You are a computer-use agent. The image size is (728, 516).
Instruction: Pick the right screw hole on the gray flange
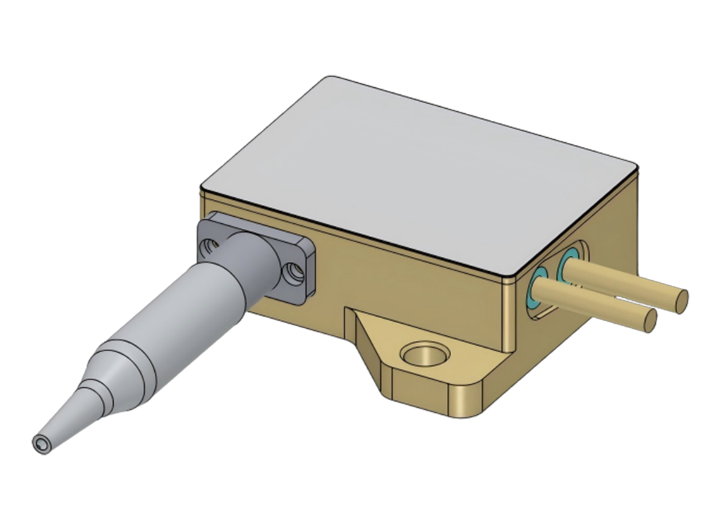[x=293, y=273]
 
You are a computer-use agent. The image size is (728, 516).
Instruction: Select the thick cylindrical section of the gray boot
[x=202, y=297]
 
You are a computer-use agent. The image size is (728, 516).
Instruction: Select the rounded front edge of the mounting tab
[x=468, y=398]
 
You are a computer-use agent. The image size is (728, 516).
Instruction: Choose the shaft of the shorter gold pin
[x=600, y=302]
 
